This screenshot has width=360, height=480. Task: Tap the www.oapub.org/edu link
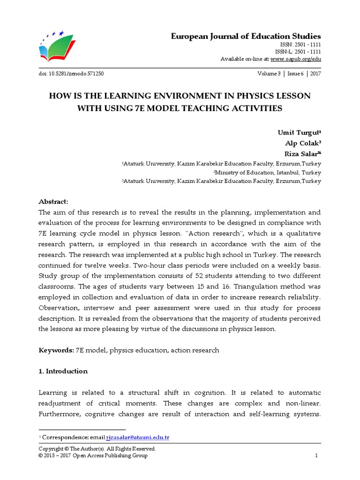(296, 59)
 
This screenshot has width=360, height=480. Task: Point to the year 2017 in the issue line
(315, 74)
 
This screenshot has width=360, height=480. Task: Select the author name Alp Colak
(303, 143)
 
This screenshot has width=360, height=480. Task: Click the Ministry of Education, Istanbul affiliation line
(267, 172)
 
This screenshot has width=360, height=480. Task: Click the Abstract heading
(53, 202)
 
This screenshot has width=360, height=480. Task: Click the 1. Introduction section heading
(63, 371)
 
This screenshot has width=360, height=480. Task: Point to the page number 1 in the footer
(316, 456)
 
